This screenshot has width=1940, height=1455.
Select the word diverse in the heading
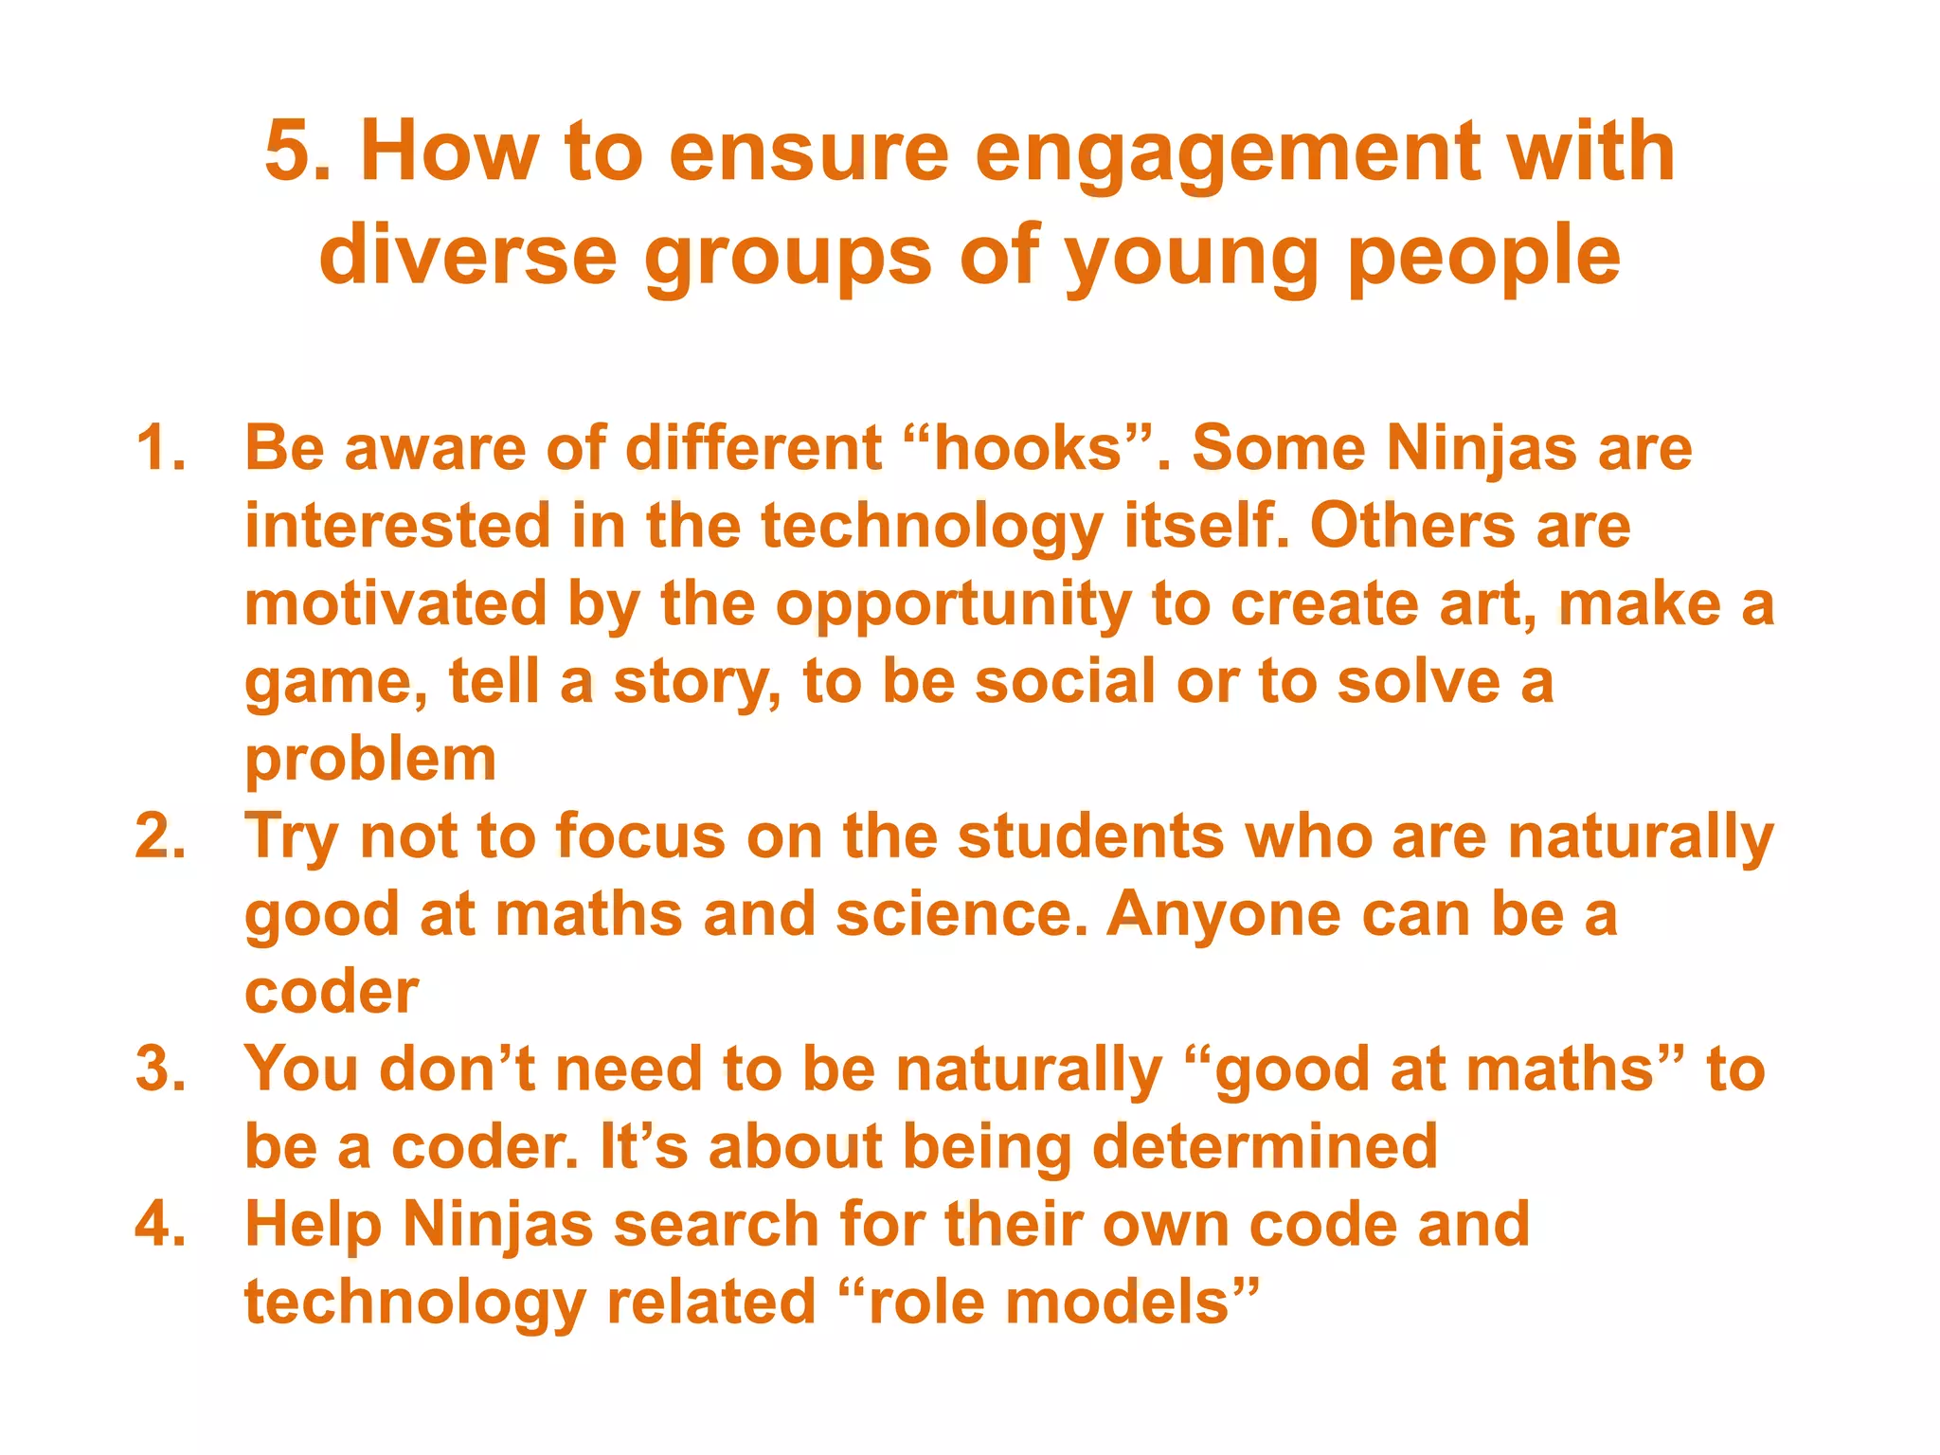point(468,256)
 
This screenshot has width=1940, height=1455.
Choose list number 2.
point(160,836)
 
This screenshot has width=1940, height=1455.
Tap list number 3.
point(160,1069)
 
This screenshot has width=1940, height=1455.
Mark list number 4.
point(160,1224)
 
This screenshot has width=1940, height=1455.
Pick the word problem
point(370,760)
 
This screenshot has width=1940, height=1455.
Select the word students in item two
point(1090,836)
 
